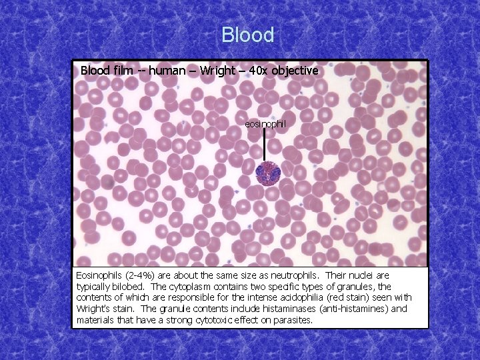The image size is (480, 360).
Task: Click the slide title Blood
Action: coord(247,35)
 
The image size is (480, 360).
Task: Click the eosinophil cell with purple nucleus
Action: coord(269,173)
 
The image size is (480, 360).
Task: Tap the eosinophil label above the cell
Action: coord(265,124)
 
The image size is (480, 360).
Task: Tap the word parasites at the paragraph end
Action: coord(290,321)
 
